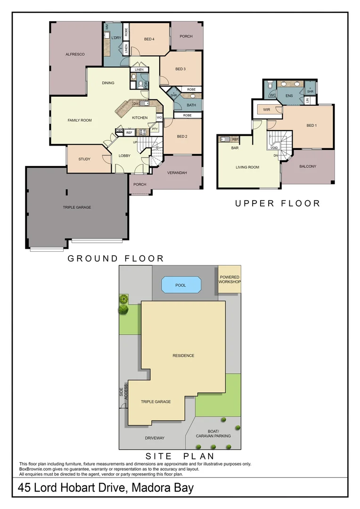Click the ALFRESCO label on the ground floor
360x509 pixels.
pos(75,55)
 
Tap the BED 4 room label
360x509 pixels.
pos(149,39)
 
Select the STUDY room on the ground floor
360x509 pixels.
pos(84,159)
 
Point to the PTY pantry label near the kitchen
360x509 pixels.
pos(155,129)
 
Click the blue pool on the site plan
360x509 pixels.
pos(180,285)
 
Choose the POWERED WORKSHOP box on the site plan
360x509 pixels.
pos(229,279)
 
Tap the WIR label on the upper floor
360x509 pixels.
pos(266,110)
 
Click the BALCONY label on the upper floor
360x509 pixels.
pos(308,166)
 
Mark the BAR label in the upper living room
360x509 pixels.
pos(235,148)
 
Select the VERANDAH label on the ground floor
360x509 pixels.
pos(177,173)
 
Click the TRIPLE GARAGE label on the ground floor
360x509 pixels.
pos(77,207)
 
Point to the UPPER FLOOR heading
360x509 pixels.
pos(278,204)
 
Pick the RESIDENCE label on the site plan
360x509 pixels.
pos(183,356)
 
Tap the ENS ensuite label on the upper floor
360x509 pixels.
pos(289,96)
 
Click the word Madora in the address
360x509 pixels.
pos(145,488)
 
